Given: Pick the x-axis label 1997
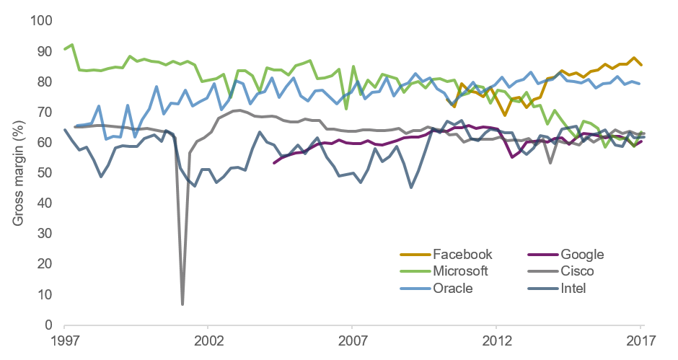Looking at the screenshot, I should (x=66, y=339).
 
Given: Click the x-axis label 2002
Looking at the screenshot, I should (x=209, y=339).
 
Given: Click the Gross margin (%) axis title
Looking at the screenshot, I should (x=18, y=173).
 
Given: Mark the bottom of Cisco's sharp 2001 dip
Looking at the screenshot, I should (x=182, y=304).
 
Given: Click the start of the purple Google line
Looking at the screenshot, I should (x=273, y=163).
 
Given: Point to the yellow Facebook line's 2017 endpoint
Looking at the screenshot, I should (x=641, y=65).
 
